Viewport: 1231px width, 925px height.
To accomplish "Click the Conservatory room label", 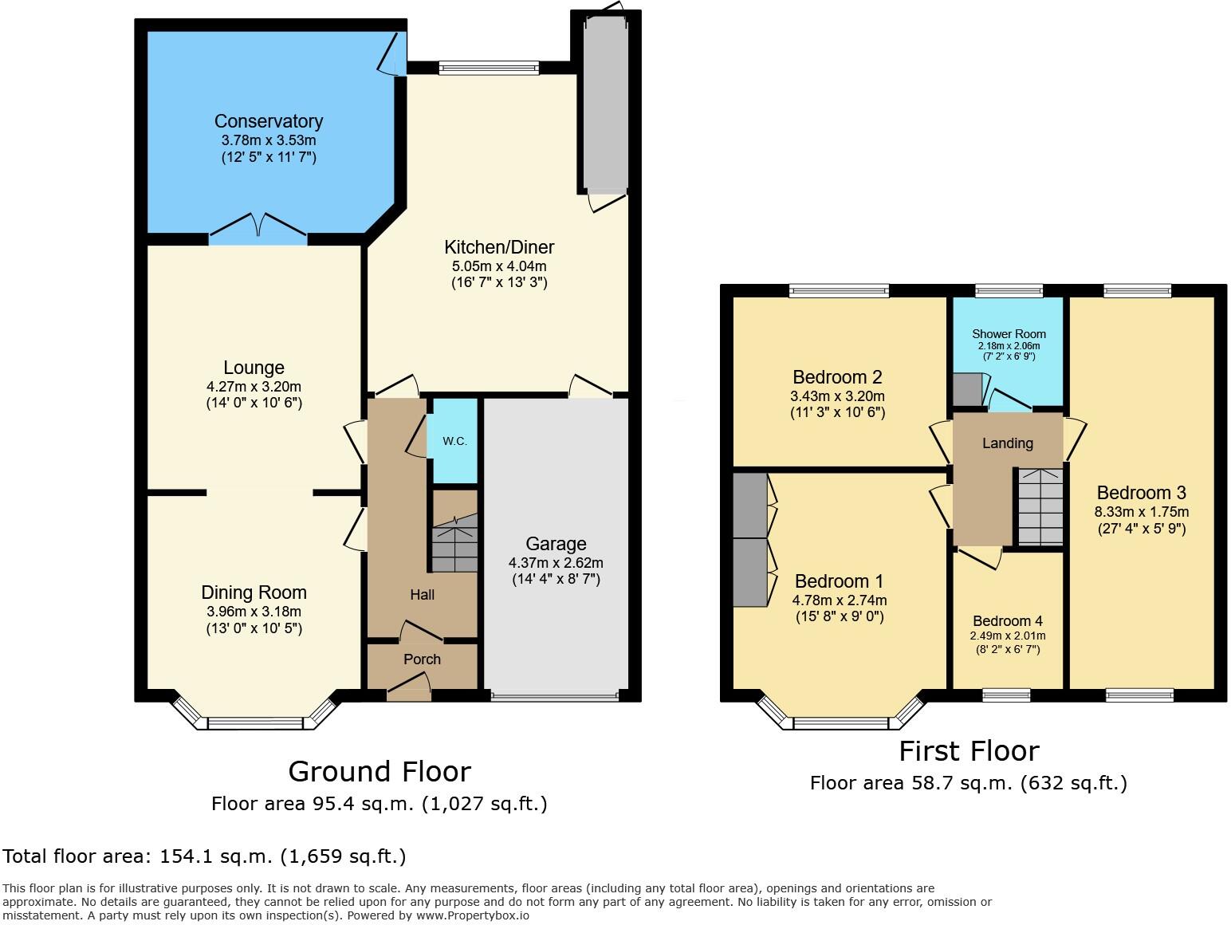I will point(269,121).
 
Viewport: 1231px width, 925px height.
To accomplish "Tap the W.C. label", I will point(454,441).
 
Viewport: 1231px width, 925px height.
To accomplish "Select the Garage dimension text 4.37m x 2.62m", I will point(556,562).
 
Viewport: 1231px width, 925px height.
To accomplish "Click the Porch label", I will point(422,659).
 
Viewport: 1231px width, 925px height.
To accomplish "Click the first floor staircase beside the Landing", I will point(1040,507).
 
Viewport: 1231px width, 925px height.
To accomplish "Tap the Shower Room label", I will point(1009,334).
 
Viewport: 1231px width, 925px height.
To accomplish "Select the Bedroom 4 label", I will point(1007,621).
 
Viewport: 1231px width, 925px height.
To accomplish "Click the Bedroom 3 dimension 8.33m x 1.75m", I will point(1141,512).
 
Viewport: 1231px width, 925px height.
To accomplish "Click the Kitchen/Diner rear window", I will point(488,68).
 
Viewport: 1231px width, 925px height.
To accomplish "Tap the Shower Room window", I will point(1009,291).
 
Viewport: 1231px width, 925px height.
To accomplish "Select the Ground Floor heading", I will point(379,772).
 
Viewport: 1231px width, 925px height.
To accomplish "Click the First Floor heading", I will point(969,751).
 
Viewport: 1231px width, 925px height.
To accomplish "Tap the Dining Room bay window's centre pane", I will point(255,723).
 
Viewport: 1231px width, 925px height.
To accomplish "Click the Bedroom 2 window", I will point(839,291).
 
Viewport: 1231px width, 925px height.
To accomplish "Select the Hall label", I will point(422,595).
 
